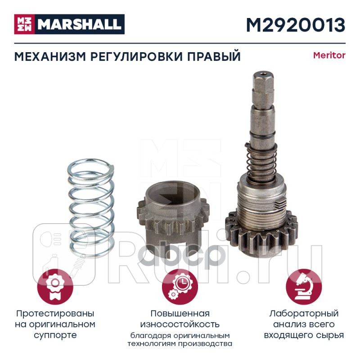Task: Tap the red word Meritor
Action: click(329, 56)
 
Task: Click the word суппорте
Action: click(55, 335)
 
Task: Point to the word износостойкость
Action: click(180, 324)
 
